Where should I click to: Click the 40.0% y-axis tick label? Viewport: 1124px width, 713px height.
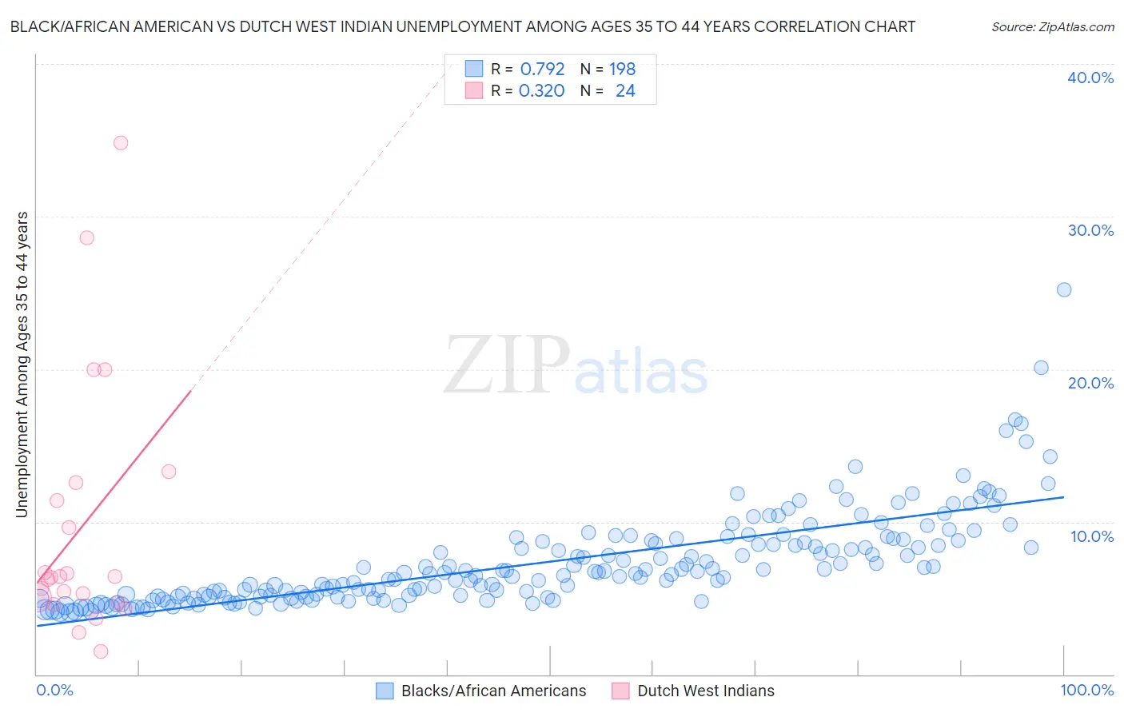tap(1090, 78)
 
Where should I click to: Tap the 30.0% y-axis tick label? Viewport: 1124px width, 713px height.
tap(1090, 230)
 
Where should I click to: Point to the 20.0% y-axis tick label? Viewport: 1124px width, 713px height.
tap(1090, 383)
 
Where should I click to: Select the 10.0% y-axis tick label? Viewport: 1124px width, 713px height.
tap(1092, 536)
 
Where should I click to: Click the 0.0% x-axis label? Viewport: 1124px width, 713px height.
tap(54, 690)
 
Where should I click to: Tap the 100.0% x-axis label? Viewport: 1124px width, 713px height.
tap(1087, 690)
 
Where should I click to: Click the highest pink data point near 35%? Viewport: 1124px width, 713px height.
tap(121, 143)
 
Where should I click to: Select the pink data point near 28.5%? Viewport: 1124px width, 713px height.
tap(87, 237)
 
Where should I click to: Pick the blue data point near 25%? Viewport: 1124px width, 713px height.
tap(1064, 289)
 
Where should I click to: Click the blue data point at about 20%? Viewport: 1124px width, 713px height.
tap(1041, 368)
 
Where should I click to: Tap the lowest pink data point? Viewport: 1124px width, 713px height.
tap(101, 651)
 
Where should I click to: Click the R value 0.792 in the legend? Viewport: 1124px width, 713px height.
tap(542, 69)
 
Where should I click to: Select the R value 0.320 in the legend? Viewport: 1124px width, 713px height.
tap(542, 91)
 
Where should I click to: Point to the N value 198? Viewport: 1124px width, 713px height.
tap(622, 69)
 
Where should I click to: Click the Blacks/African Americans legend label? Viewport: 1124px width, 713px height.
tap(493, 691)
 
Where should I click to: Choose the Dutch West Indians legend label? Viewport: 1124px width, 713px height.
tap(705, 691)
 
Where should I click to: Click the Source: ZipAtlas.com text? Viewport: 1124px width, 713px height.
tap(1052, 26)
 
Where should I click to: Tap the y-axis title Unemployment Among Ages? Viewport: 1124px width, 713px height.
tap(22, 364)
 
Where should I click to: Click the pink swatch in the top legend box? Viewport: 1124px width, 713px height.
tap(474, 91)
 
